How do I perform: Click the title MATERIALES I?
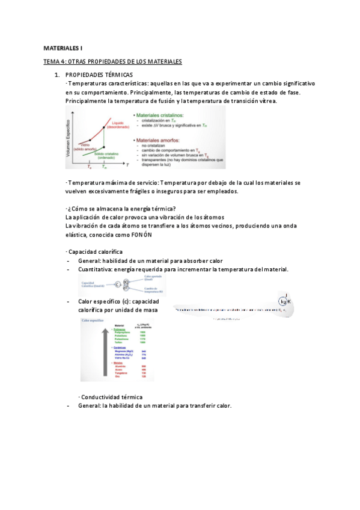point(63,47)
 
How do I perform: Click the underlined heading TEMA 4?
point(112,62)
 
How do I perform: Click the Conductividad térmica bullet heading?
point(112,397)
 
